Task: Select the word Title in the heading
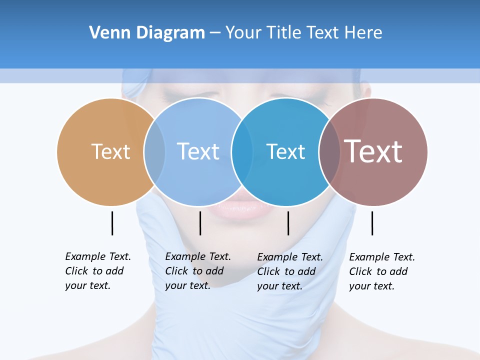pos(287,33)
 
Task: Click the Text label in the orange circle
pos(110,151)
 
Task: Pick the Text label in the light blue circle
pos(198,151)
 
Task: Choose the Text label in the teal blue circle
pos(285,151)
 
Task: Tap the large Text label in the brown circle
pos(373,151)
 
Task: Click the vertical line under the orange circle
pos(112,223)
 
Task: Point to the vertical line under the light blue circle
pos(200,223)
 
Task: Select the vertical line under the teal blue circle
pos(288,223)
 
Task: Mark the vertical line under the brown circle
pos(372,223)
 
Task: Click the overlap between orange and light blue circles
pos(154,152)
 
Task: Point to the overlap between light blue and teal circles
pos(241,152)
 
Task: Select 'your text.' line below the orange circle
pos(87,285)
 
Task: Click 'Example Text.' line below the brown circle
pos(382,257)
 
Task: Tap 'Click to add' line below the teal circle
pos(286,271)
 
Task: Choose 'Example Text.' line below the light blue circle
pos(198,256)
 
